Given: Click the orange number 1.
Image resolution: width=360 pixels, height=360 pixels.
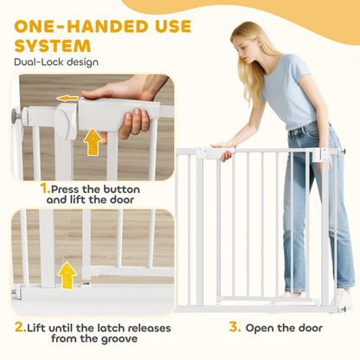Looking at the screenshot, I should pos(44,188).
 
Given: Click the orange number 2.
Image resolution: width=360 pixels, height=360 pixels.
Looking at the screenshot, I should pos(19,328).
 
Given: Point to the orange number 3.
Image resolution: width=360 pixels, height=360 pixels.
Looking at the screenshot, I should pos(235,328).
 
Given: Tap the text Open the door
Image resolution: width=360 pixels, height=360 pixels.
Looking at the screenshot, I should pos(285,328).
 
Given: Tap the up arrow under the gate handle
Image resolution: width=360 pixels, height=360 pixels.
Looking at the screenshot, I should pos(93,142).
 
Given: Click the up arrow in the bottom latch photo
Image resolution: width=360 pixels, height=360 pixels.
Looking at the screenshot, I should pos(67,274).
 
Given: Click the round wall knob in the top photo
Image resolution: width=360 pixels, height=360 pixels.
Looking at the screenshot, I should pos(16,116).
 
